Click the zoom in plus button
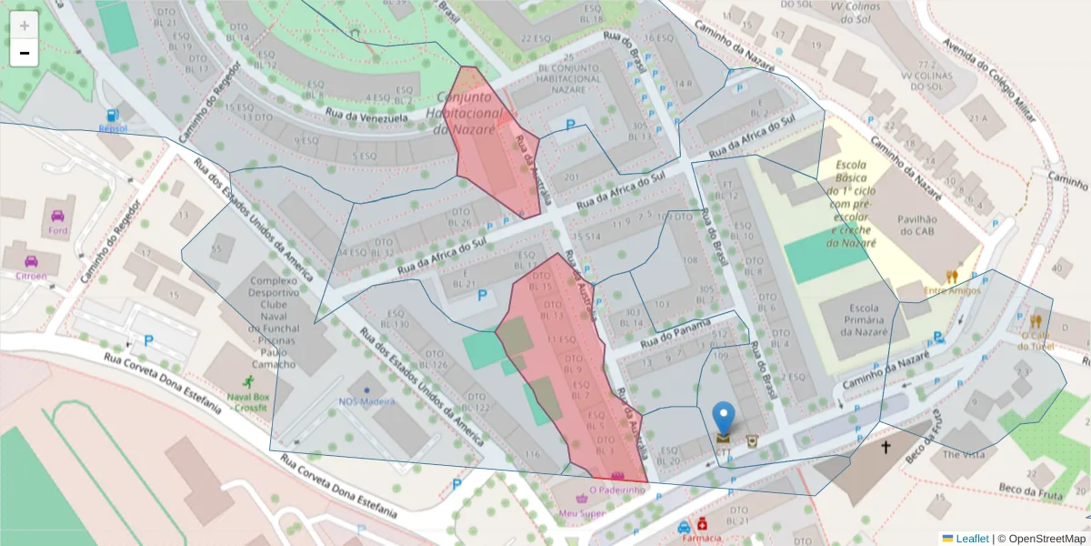[25, 25]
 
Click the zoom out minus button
[25, 53]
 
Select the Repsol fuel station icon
[112, 116]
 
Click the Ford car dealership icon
[58, 217]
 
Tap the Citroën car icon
[31, 261]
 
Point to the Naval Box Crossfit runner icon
[248, 382]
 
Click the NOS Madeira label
[366, 401]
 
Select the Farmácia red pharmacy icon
[702, 525]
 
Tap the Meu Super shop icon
[582, 500]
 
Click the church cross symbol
[886, 447]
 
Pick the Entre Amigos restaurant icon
[952, 276]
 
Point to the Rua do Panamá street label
[676, 335]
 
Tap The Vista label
[963, 453]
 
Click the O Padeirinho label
[617, 490]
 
